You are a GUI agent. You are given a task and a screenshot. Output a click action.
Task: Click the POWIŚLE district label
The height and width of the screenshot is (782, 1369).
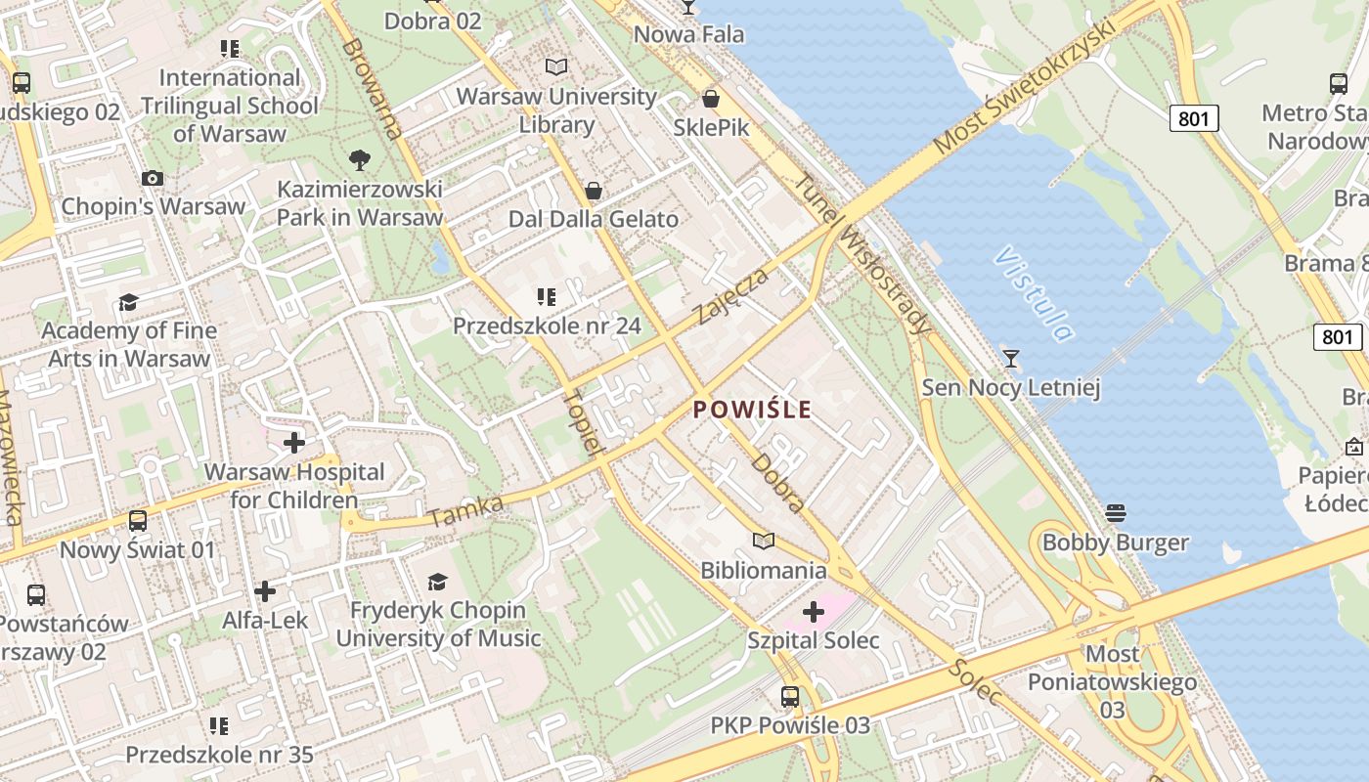tap(753, 409)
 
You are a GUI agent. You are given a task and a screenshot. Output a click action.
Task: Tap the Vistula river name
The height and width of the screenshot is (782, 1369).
tap(1035, 293)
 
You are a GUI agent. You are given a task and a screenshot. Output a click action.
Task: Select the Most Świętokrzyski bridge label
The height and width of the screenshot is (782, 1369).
tap(1024, 86)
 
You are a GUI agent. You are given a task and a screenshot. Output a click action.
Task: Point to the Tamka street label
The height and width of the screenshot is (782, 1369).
tap(465, 511)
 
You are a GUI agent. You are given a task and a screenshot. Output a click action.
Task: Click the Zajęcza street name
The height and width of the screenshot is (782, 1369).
tap(732, 295)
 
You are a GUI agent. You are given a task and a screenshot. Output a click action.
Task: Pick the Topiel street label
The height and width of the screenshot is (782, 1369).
tap(580, 422)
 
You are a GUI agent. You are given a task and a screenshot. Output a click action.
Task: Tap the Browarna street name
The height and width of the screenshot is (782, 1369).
tap(372, 89)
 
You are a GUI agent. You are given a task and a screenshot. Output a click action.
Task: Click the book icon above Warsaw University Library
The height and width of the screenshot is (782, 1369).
tap(556, 66)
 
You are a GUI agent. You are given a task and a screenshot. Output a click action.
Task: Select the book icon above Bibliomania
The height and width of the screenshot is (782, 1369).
tap(764, 541)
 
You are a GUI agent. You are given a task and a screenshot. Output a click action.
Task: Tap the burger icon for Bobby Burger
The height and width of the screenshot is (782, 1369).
tap(1116, 513)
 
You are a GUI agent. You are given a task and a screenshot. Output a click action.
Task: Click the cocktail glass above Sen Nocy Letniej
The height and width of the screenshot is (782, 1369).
tap(1011, 359)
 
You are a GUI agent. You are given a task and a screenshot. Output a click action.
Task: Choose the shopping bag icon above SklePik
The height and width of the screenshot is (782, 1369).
tap(711, 99)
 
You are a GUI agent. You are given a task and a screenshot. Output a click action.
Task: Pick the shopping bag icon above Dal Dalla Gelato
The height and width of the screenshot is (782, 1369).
tap(593, 190)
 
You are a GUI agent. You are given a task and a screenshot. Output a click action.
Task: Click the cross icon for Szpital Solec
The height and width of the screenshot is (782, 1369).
tap(814, 612)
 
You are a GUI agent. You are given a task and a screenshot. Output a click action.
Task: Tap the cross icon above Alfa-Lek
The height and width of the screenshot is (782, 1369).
tap(264, 591)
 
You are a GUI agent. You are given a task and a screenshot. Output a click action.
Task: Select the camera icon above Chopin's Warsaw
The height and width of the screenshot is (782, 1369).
tap(153, 178)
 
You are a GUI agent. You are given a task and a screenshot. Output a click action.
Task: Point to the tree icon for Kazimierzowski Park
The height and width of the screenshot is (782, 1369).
tap(360, 159)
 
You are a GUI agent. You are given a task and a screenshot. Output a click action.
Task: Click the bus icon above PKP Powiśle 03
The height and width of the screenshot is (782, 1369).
tap(790, 697)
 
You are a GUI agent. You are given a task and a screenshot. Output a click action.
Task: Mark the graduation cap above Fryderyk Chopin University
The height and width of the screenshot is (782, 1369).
tap(438, 582)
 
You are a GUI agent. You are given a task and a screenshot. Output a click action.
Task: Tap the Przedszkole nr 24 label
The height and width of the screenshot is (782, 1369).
tap(547, 326)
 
